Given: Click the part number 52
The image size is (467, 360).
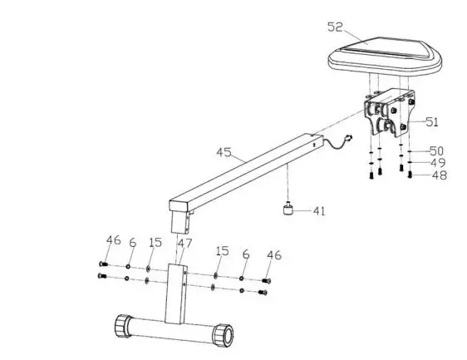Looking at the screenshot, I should point(335,28).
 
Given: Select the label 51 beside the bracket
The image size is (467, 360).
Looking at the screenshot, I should point(431,121).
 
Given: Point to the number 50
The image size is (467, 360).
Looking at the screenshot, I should point(436,151).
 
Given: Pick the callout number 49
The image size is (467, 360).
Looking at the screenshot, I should point(436,164).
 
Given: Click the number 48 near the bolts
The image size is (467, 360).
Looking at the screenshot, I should point(436,176).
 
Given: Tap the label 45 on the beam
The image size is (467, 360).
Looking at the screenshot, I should point(223,153).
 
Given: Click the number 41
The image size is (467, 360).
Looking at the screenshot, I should point(319,211).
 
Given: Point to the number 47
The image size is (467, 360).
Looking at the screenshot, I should point(184,243).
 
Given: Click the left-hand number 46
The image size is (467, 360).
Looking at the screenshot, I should point(113,240).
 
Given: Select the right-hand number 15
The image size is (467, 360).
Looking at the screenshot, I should point(220,250).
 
